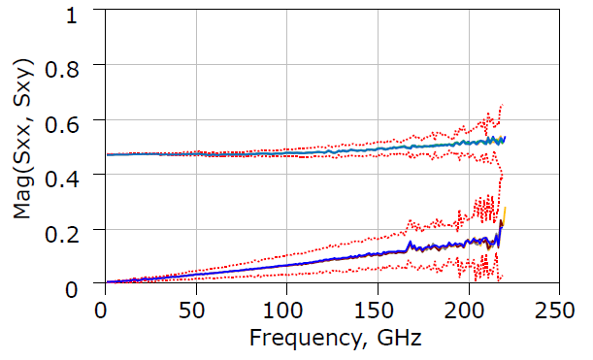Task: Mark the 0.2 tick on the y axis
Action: point(72,229)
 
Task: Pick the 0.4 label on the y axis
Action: point(72,175)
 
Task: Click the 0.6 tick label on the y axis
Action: point(72,119)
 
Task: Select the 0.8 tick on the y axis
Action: point(72,65)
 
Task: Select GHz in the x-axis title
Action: point(398,339)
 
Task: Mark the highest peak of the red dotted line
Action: point(501,105)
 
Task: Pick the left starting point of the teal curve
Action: point(107,154)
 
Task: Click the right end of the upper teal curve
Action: point(506,139)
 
